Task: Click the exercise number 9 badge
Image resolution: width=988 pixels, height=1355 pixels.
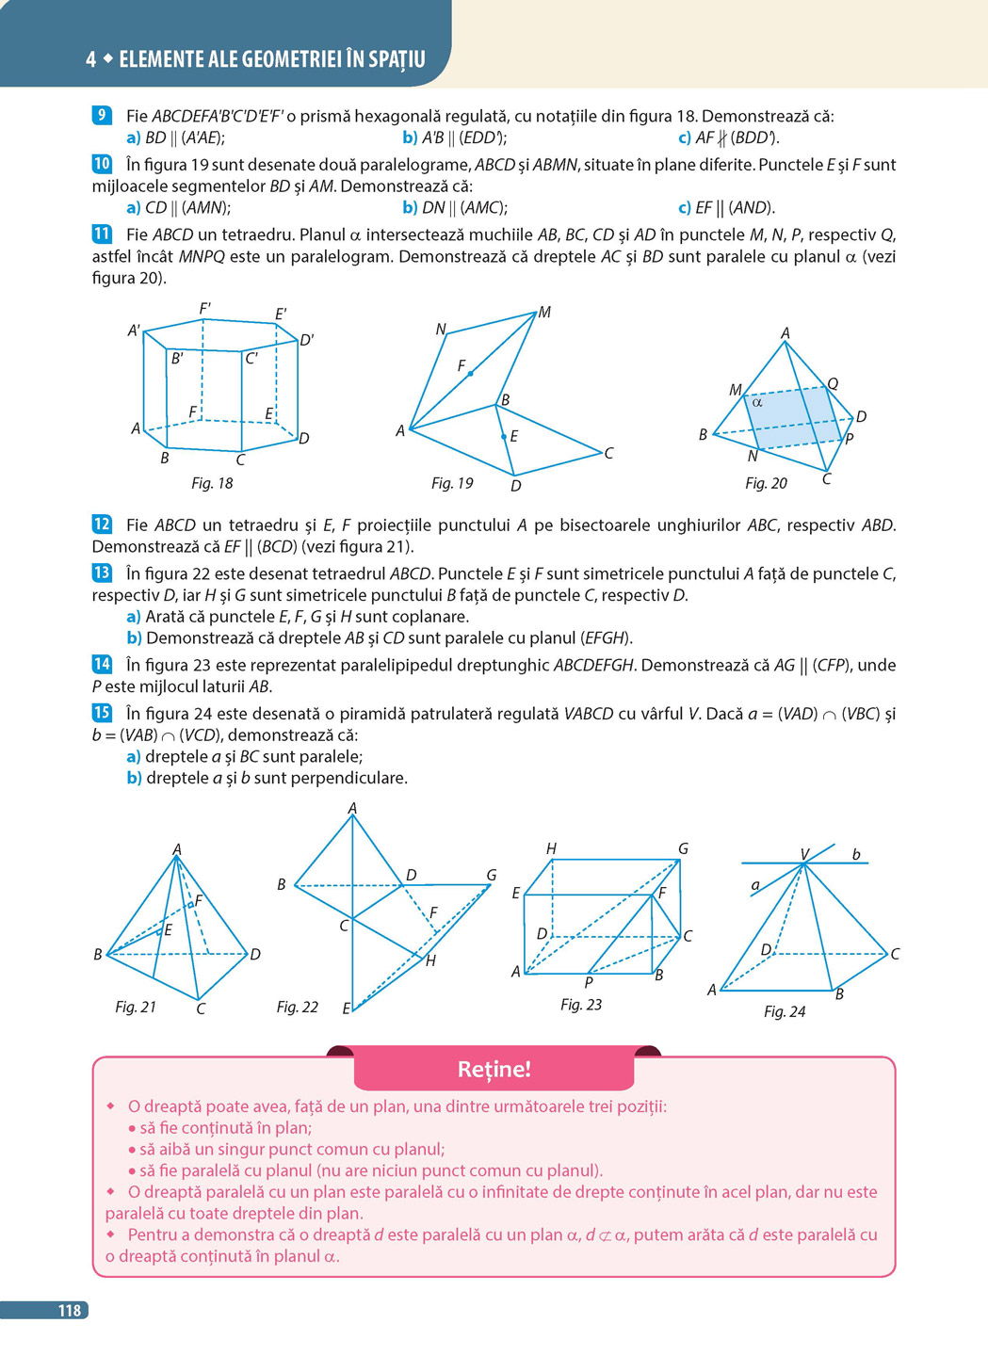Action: click(102, 115)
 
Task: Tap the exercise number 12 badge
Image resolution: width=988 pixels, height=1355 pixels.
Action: click(102, 524)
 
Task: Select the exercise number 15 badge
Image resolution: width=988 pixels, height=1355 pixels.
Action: click(102, 713)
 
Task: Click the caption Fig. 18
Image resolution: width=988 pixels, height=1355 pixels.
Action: click(212, 483)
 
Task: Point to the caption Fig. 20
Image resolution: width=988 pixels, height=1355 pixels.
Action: click(766, 483)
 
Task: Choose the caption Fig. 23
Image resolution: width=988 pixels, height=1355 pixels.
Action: click(581, 1005)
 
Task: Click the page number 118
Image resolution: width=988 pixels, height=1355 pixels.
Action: click(70, 1310)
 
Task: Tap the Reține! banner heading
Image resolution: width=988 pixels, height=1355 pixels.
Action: click(494, 1069)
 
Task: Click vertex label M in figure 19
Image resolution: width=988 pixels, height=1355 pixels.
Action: click(544, 312)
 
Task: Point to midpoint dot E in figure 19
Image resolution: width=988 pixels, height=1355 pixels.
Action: click(503, 436)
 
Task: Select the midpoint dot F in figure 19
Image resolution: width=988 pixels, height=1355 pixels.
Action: click(470, 374)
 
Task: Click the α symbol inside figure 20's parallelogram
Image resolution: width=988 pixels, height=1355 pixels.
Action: click(757, 402)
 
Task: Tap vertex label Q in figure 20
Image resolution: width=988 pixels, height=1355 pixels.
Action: click(833, 383)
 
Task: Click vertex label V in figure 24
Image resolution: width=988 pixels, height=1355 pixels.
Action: click(804, 854)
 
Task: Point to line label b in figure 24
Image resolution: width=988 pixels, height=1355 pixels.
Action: click(856, 854)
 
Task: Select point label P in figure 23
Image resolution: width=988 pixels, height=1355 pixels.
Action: click(588, 982)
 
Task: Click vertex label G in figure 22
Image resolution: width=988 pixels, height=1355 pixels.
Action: click(492, 875)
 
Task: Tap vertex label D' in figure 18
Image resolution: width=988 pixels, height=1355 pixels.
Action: click(307, 340)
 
